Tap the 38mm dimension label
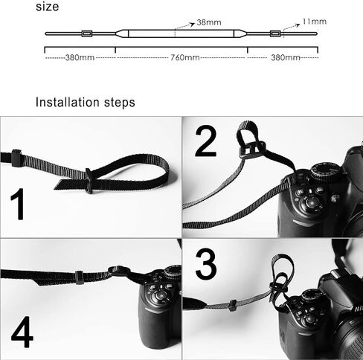(x=210, y=23)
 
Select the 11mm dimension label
(x=315, y=22)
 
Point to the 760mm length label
(x=183, y=57)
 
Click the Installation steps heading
(x=86, y=102)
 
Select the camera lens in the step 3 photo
(x=346, y=338)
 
